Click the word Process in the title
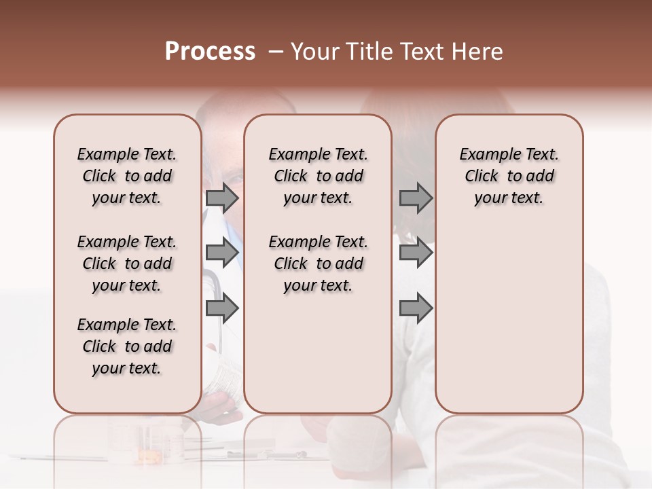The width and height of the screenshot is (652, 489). click(210, 52)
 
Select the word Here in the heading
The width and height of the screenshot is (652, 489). click(477, 52)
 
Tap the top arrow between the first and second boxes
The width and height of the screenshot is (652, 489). click(222, 198)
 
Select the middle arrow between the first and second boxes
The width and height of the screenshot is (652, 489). click(222, 253)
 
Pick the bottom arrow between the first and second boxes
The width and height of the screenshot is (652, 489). click(222, 309)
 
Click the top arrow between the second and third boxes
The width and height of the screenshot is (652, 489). click(416, 198)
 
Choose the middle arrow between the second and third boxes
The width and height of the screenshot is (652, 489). click(416, 253)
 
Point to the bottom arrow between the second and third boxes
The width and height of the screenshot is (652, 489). click(416, 309)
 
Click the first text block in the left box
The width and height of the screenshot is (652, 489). click(127, 176)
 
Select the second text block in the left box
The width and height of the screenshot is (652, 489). click(127, 264)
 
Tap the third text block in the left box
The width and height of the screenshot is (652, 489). click(127, 346)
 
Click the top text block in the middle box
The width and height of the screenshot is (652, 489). click(318, 176)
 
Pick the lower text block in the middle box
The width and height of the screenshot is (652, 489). click(318, 264)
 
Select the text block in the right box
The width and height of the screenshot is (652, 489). click(509, 176)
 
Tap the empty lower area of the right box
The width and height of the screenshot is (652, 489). click(509, 319)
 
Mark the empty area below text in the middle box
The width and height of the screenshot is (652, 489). click(318, 353)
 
